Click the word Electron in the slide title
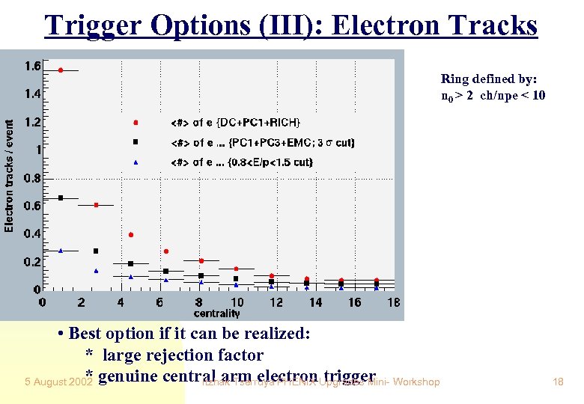point(382,25)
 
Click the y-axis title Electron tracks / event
point(9,176)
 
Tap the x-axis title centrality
point(216,313)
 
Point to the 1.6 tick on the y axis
point(31,67)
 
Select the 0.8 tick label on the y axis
point(31,178)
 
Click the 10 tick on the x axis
point(237,302)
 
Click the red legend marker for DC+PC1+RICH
point(136,122)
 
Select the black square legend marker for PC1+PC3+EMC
point(136,141)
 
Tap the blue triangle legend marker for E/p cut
point(136,162)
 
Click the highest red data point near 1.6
point(61,70)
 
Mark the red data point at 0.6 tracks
point(96,204)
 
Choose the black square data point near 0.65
point(61,198)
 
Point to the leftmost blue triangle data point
point(61,251)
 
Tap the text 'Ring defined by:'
point(484,79)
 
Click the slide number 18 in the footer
point(557,382)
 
